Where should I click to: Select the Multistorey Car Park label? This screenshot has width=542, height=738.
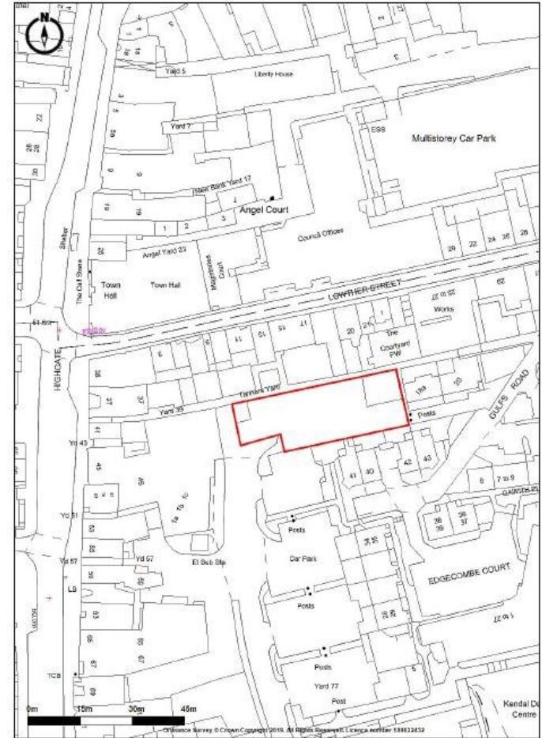(x=454, y=138)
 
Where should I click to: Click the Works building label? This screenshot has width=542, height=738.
(x=452, y=311)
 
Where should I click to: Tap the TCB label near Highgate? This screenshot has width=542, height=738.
(x=54, y=676)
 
